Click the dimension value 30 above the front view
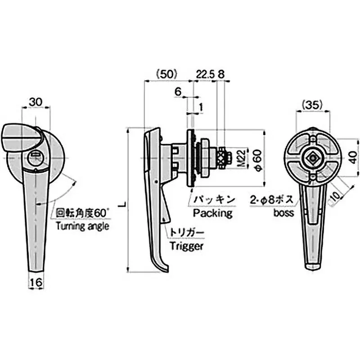click(x=37, y=102)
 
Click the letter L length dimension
click(x=121, y=204)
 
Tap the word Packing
click(x=212, y=212)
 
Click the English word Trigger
click(x=187, y=246)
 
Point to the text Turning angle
click(x=82, y=226)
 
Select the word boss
click(x=283, y=212)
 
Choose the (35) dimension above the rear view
click(x=311, y=105)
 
